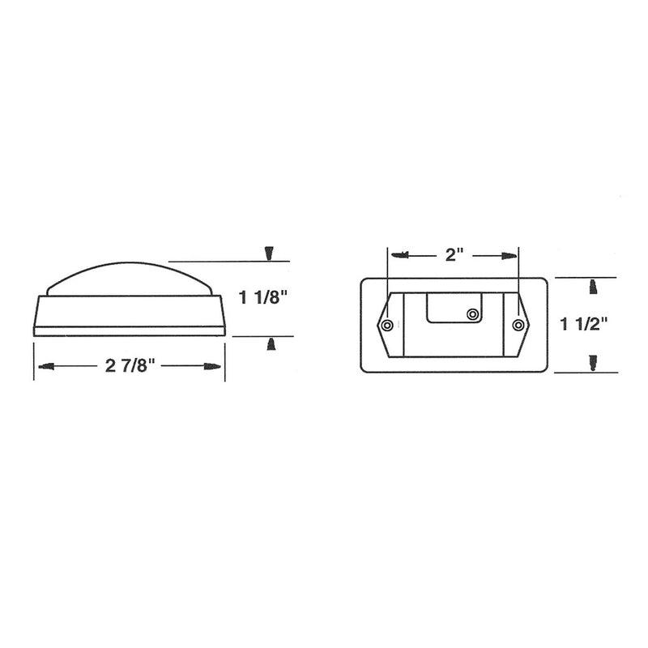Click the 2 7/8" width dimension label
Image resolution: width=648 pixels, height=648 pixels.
[x=130, y=365]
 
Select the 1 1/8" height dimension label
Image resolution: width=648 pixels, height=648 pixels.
[x=263, y=297]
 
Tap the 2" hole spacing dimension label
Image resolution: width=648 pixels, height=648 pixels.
[x=454, y=254]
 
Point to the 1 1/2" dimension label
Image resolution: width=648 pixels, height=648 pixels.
[x=584, y=324]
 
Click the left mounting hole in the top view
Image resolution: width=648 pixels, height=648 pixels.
[x=387, y=326]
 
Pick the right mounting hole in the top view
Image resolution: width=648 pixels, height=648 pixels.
[x=518, y=326]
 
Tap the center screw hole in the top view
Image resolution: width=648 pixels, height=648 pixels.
[x=472, y=315]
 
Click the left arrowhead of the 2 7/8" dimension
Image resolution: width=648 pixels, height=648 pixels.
[x=46, y=366]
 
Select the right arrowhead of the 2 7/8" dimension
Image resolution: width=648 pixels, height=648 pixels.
[x=212, y=367]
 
